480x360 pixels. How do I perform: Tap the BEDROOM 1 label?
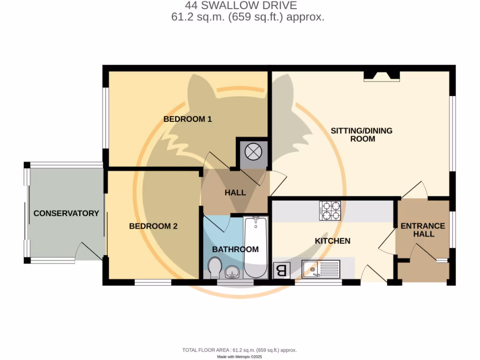pyautogui.click(x=187, y=119)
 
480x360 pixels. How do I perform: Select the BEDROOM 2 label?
pyautogui.click(x=153, y=226)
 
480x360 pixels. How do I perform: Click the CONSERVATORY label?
pyautogui.click(x=66, y=213)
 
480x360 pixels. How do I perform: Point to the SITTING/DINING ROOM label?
pyautogui.click(x=361, y=135)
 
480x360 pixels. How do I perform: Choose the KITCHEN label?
pyautogui.click(x=332, y=241)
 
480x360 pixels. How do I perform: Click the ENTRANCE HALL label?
pyautogui.click(x=422, y=230)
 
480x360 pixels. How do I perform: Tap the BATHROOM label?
pyautogui.click(x=235, y=249)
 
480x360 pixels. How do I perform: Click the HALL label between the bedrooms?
pyautogui.click(x=235, y=192)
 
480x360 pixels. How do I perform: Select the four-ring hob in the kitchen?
pyautogui.click(x=331, y=210)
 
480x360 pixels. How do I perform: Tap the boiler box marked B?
pyautogui.click(x=281, y=270)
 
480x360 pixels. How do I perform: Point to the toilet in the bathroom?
pyautogui.click(x=216, y=268)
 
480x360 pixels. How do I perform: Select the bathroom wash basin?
pyautogui.click(x=232, y=272)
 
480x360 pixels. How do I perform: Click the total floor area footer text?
pyautogui.click(x=240, y=350)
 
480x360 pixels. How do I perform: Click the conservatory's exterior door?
pyautogui.click(x=89, y=251)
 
